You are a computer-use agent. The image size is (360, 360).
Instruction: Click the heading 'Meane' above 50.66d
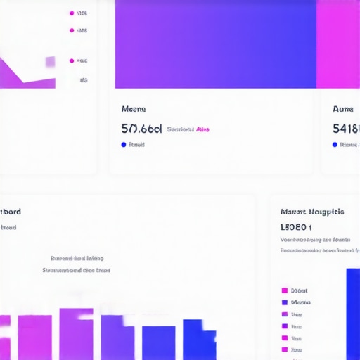click(x=134, y=109)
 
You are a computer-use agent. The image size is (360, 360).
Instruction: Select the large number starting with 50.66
click(x=141, y=129)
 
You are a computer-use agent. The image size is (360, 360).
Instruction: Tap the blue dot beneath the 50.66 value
click(x=124, y=145)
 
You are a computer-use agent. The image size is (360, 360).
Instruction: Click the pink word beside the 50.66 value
click(x=202, y=129)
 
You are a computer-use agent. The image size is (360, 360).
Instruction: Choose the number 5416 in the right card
click(x=346, y=129)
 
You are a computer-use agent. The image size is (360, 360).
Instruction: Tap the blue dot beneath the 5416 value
click(x=335, y=145)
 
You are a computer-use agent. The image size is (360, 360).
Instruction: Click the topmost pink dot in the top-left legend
click(x=72, y=13)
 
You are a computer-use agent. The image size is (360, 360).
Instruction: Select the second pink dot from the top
click(x=72, y=30)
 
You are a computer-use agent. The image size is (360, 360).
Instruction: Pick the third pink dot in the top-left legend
click(x=72, y=60)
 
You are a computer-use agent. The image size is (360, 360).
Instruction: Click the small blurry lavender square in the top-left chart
click(x=50, y=62)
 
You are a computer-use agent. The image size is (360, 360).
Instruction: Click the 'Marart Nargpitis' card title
click(x=311, y=212)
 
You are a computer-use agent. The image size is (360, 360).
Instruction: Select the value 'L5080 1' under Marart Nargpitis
click(x=296, y=227)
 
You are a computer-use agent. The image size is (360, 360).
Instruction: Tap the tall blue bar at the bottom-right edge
click(x=352, y=313)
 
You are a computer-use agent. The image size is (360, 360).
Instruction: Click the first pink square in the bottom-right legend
click(x=285, y=290)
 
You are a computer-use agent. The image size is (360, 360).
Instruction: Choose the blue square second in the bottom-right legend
click(x=285, y=302)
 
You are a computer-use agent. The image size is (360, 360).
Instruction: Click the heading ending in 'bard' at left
click(x=11, y=212)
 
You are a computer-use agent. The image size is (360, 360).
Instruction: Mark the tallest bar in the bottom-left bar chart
click(x=76, y=334)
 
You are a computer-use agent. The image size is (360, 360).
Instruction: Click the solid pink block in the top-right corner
click(x=337, y=44)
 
